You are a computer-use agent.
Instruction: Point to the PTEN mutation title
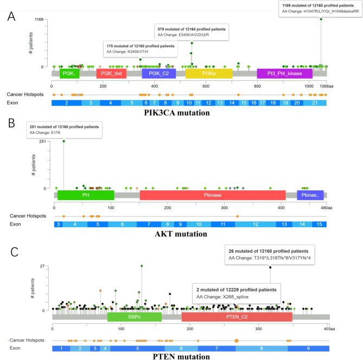(182, 356)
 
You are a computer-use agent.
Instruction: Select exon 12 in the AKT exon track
(254, 224)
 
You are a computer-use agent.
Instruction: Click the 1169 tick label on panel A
(39, 20)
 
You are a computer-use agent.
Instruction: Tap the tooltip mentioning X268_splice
(235, 293)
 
